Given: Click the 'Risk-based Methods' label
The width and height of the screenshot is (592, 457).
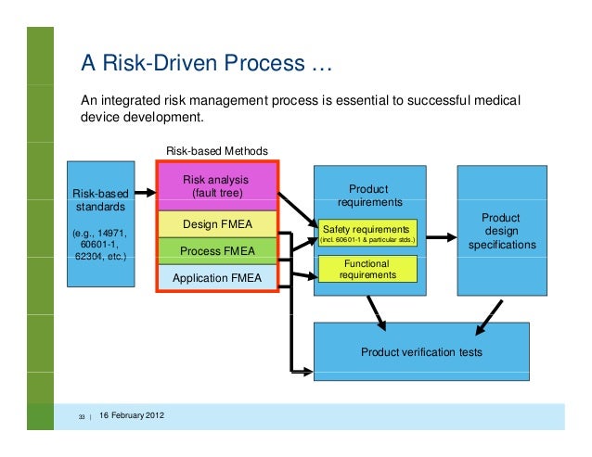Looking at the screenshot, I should click(216, 150).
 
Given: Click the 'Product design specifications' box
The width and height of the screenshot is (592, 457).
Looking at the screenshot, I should click(501, 231).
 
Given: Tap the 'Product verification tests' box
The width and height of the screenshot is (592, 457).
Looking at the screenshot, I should click(421, 352).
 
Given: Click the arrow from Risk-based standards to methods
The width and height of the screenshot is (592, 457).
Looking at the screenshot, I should click(144, 194).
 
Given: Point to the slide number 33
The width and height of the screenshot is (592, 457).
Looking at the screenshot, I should click(83, 414).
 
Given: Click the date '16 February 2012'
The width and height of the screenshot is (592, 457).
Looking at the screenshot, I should click(132, 413).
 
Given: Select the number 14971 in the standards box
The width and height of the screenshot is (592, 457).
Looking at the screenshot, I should click(112, 231).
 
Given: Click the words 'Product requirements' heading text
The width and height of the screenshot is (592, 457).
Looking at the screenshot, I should click(369, 196).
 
